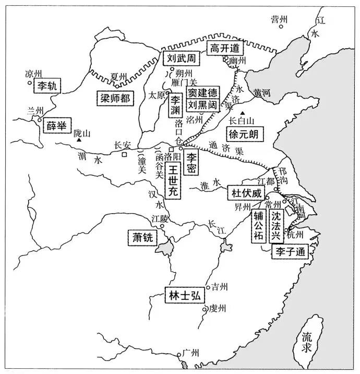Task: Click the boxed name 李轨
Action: [x=47, y=86]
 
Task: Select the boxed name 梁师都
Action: [x=116, y=97]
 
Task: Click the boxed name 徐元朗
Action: [x=245, y=134]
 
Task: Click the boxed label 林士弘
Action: [x=184, y=295]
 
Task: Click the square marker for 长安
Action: [x=125, y=155]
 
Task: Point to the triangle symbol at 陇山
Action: [x=77, y=141]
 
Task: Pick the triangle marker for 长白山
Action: [x=242, y=112]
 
